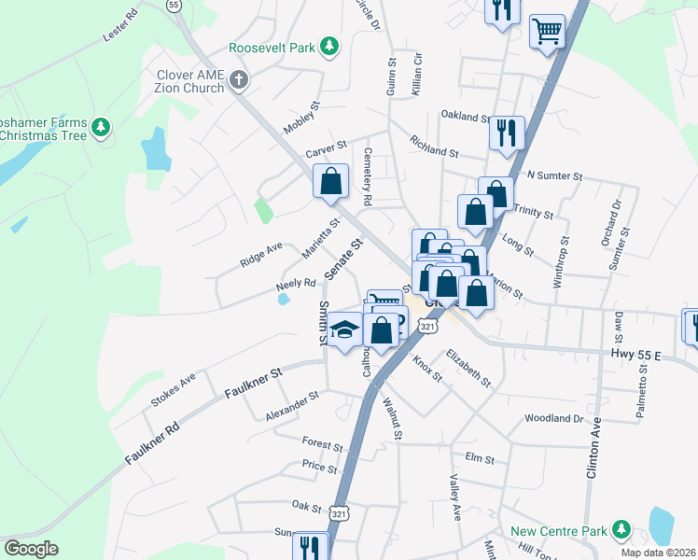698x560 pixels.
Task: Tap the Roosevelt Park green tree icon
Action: tap(328, 46)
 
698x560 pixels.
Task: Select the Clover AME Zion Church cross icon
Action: tap(238, 80)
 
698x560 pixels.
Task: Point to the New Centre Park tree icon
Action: tap(620, 531)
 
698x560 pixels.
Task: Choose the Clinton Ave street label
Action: tap(593, 448)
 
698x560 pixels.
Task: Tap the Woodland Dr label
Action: tap(553, 418)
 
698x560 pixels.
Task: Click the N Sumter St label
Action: tap(554, 175)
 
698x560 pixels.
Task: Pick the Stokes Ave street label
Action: tap(174, 391)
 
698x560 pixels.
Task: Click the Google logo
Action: tap(31, 549)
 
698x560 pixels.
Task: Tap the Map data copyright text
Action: tap(660, 553)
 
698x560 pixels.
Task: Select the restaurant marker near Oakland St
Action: tap(507, 132)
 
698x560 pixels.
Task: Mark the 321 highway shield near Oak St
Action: tap(342, 514)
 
